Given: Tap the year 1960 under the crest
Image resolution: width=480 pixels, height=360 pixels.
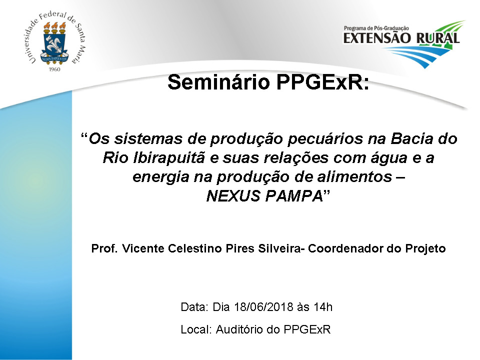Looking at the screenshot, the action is [x=54, y=69].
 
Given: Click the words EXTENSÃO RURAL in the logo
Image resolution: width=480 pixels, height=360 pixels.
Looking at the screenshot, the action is [x=401, y=38].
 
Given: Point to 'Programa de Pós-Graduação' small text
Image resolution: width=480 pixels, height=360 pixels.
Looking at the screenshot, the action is [x=376, y=28].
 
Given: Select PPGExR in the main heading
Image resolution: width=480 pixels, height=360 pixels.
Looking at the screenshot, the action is [x=323, y=82].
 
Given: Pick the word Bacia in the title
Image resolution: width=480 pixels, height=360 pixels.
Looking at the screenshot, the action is [x=411, y=138].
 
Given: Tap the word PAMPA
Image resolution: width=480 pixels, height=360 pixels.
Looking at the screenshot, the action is [x=294, y=196].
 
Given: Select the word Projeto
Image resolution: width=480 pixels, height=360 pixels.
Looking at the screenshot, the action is [x=425, y=249].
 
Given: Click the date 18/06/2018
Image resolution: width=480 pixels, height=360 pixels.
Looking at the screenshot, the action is [x=263, y=306].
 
